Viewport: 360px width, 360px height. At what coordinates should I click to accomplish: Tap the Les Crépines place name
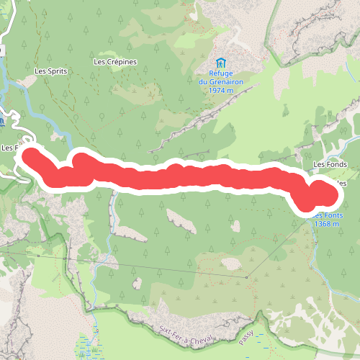pos(115,61)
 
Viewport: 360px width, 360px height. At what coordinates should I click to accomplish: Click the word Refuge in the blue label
pos(221,73)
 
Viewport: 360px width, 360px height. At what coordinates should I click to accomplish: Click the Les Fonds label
pos(330,164)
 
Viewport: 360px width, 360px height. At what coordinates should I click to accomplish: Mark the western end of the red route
pos(32,155)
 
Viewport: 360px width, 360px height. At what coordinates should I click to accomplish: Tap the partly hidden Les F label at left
pos(10,148)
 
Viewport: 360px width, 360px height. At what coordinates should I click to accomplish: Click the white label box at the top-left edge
pos(2,51)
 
